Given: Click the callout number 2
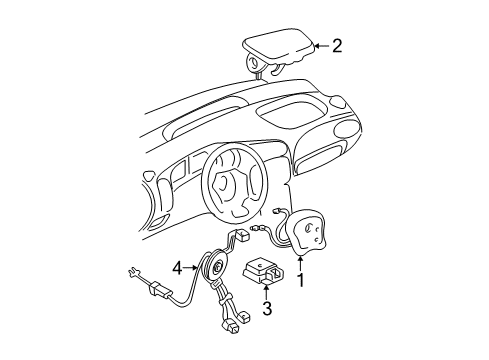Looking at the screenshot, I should coord(336,45).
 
